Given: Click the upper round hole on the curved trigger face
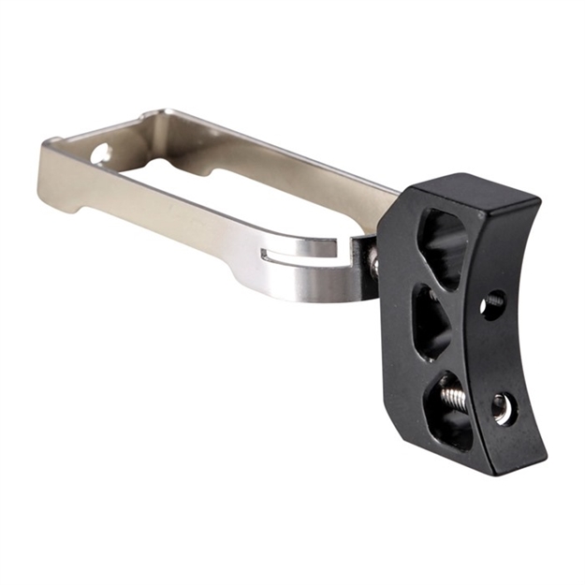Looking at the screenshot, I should [x=493, y=302].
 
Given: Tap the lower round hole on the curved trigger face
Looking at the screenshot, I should [x=503, y=406].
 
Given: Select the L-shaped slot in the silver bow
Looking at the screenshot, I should [x=298, y=250].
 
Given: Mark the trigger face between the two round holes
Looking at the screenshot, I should [x=498, y=354].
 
